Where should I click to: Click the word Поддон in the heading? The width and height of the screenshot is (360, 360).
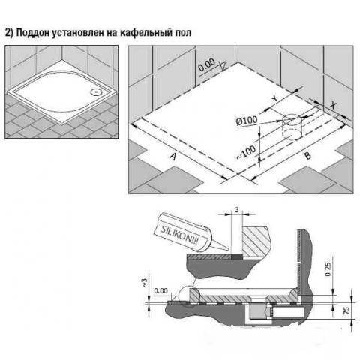(33, 33)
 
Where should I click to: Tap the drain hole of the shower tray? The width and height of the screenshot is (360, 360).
(95, 92)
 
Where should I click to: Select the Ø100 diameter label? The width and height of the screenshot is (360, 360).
(247, 121)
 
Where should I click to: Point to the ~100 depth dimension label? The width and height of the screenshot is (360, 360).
(246, 152)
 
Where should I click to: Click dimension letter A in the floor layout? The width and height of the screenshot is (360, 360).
(173, 157)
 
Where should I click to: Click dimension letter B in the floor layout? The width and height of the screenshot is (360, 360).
(307, 155)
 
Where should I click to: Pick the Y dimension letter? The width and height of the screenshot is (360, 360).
(274, 98)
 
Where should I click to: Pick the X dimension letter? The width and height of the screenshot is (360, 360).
(332, 105)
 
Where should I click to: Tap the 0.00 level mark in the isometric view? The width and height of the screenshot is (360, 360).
(206, 64)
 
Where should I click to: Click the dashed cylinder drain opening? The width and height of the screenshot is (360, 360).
(292, 127)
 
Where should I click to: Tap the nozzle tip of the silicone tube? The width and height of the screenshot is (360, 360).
(227, 249)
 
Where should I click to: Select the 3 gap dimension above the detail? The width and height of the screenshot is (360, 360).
(237, 210)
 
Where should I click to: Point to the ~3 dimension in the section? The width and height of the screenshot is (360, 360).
(145, 282)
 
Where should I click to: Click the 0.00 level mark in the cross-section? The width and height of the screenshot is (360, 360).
(160, 291)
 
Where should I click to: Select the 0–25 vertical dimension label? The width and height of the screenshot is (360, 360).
(328, 269)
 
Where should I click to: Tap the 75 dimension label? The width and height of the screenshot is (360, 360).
(346, 310)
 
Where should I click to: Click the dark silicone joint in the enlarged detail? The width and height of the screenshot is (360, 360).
(237, 256)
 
